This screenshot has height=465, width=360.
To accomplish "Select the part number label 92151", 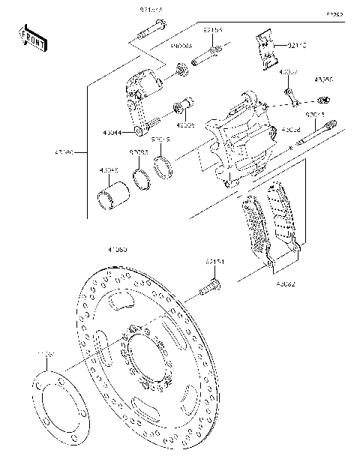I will [214, 262].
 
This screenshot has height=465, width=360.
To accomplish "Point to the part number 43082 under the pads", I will [284, 283].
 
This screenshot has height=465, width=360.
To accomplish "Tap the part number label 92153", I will [212, 31].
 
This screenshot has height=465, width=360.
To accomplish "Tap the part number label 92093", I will [138, 152].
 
